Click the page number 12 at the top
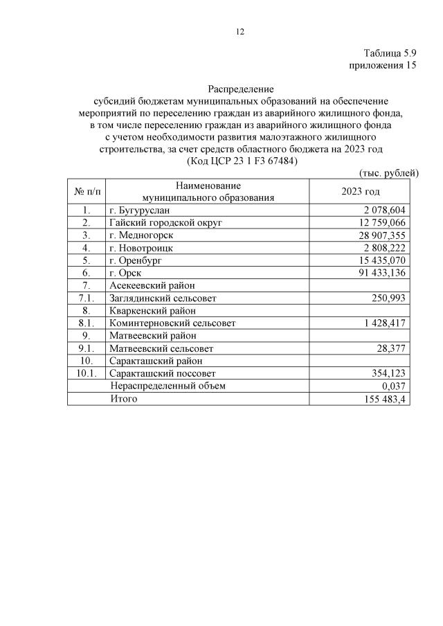pos(240,32)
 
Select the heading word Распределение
pos(240,89)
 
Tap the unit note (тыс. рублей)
pos(389,172)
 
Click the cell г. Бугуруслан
pos(138,210)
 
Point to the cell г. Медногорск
pos(141,235)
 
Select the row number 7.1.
pos(86,298)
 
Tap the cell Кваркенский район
pos(152,310)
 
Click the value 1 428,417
pos(385,323)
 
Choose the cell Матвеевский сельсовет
pos(161,348)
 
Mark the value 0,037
pos(393,386)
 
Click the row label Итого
pos(124,398)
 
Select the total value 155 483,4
pos(385,399)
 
